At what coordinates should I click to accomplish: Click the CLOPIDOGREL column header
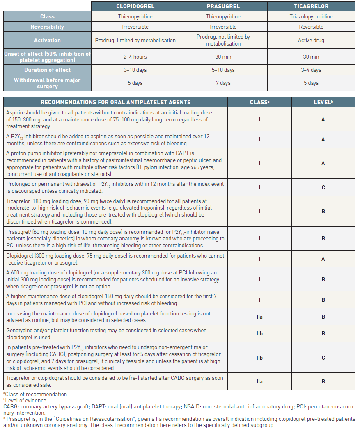[x=135, y=7]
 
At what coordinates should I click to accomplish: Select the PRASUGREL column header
[x=223, y=7]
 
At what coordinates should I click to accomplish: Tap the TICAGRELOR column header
[x=311, y=7]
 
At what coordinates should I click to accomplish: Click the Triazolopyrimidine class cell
[x=311, y=17]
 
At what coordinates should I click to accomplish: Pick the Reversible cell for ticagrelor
[x=311, y=27]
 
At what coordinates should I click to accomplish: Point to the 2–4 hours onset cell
[x=135, y=57]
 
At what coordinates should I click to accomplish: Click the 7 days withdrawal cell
[x=223, y=83]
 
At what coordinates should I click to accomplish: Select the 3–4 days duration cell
[x=311, y=70]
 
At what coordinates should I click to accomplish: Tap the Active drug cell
[x=311, y=41]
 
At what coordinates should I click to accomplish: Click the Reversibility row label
[x=47, y=27]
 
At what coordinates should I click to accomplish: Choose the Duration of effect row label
[x=47, y=70]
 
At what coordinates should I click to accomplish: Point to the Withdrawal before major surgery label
[x=47, y=83]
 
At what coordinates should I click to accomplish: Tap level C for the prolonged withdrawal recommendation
[x=323, y=188]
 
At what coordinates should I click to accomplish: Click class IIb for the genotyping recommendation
[x=259, y=334]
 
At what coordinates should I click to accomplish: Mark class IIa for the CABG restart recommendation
[x=259, y=382]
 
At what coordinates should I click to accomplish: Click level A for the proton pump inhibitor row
[x=323, y=164]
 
